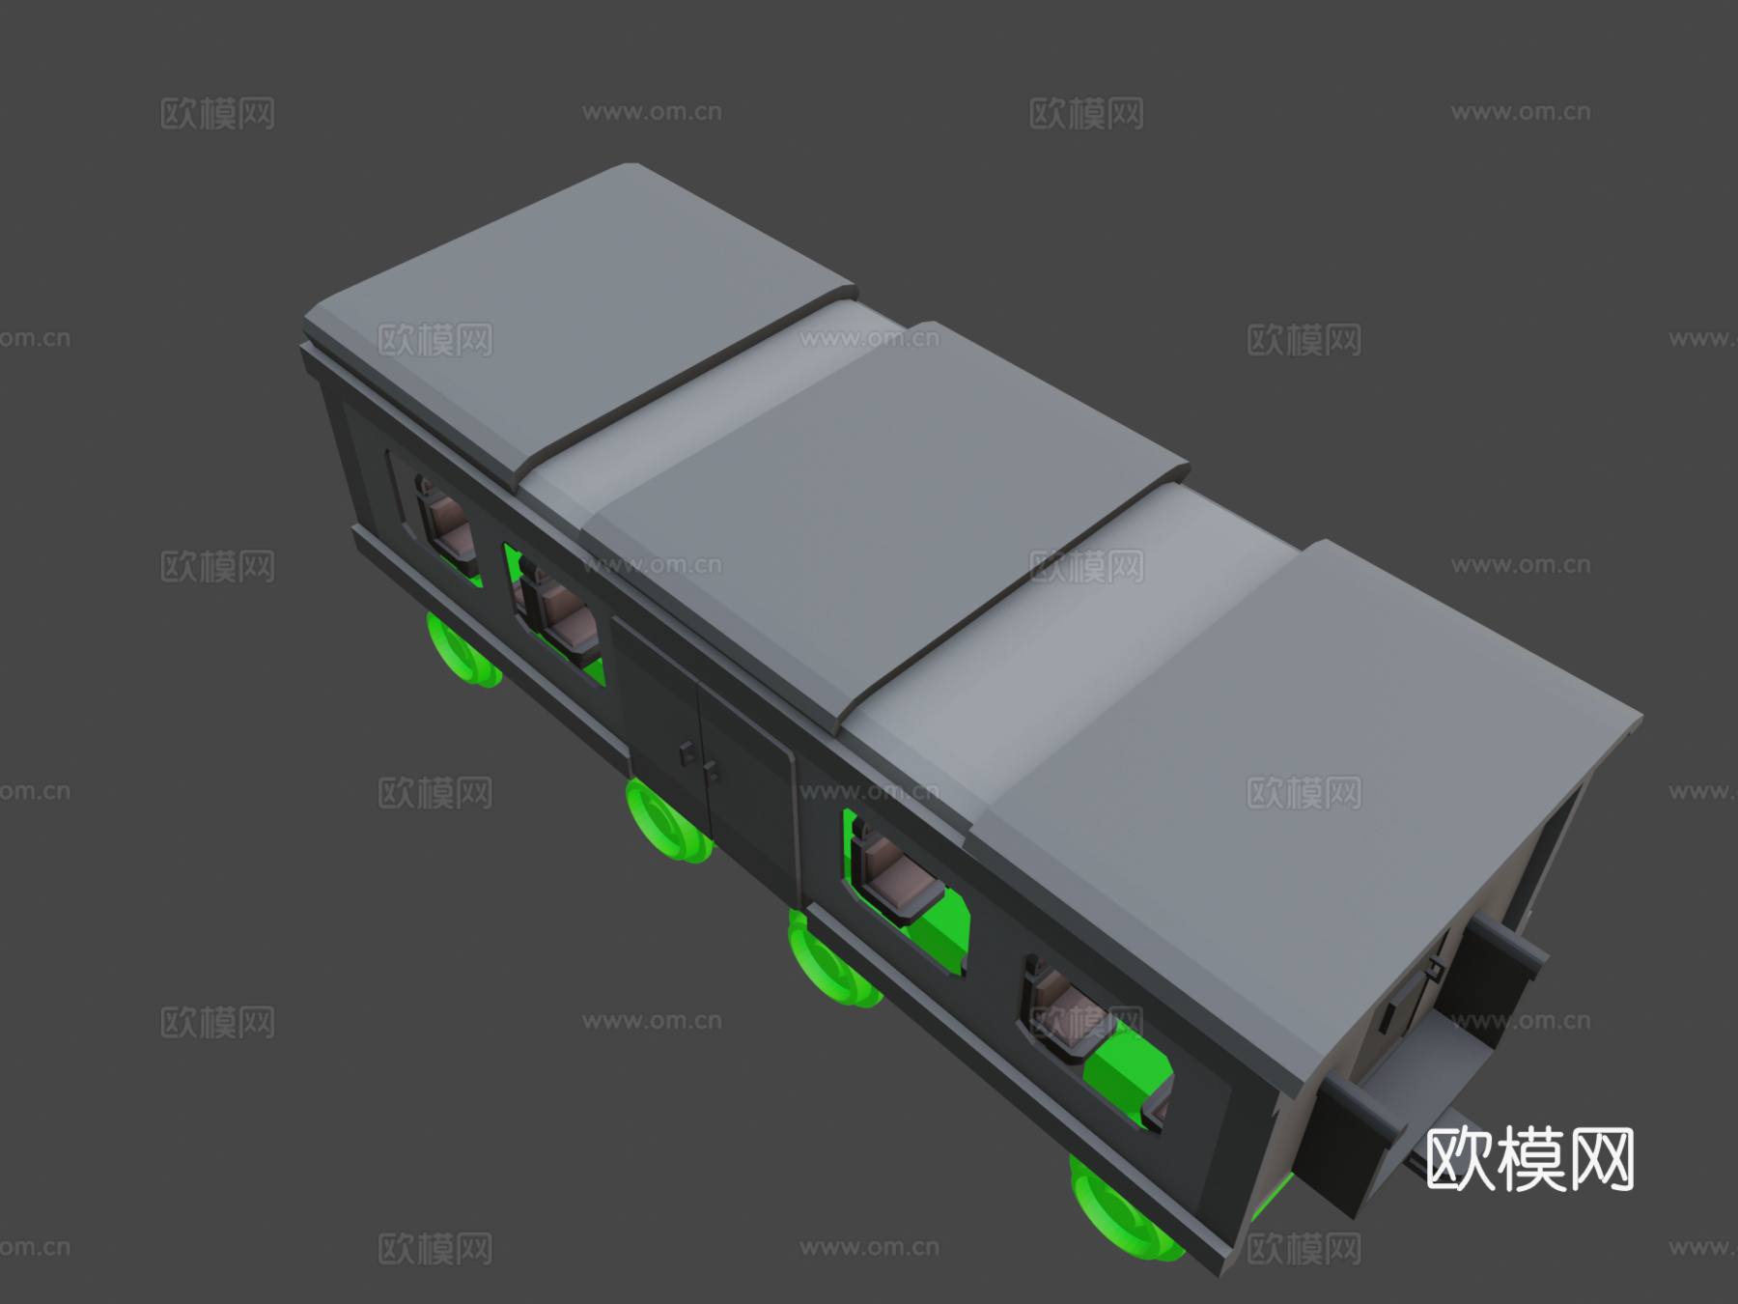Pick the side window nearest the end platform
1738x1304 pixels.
1091,1043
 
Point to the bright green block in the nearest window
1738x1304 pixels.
1125,1072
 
